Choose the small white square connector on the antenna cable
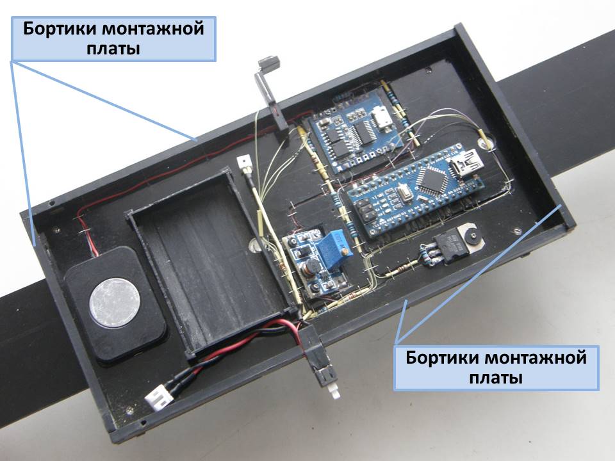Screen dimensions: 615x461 click(242, 163)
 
